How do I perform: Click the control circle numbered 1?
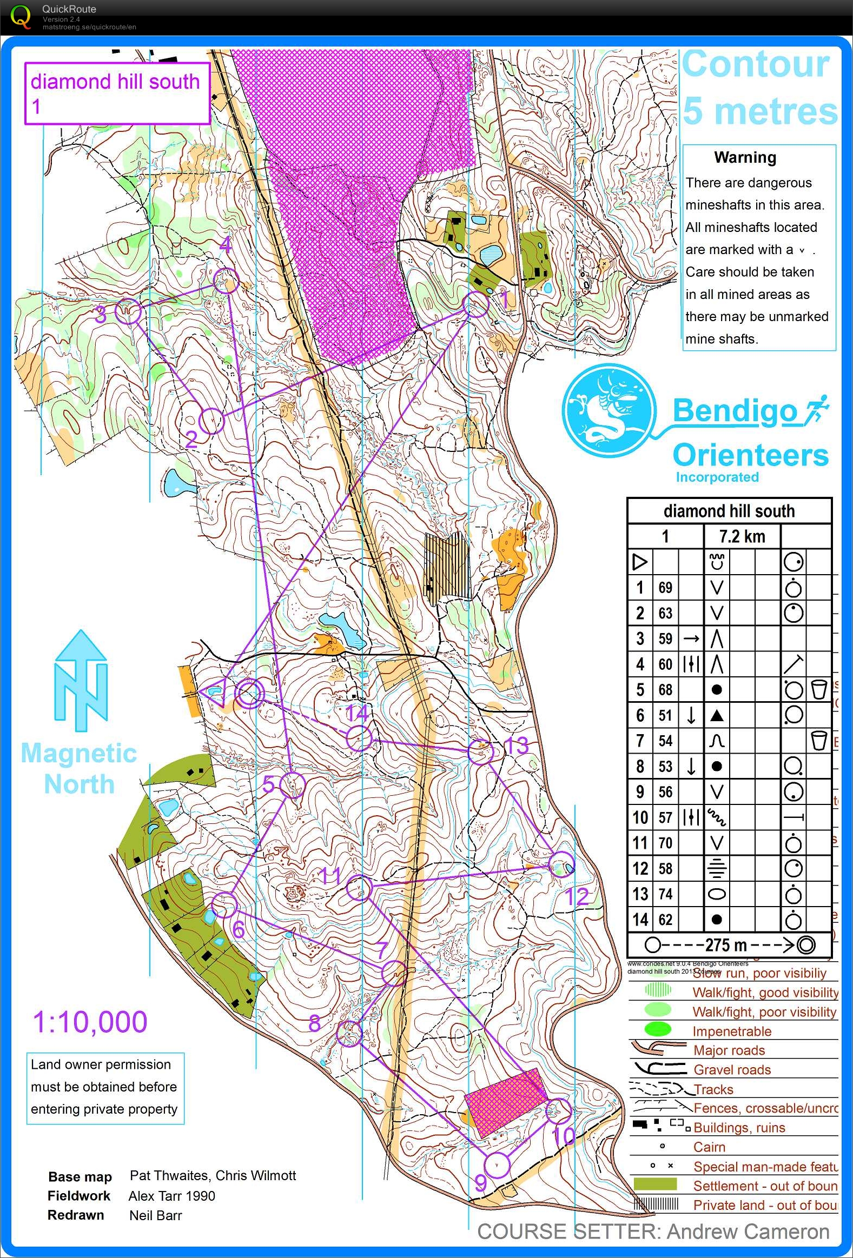[x=476, y=305]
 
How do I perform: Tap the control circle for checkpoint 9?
[x=497, y=1165]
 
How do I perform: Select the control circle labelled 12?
[x=561, y=864]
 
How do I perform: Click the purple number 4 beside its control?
[x=226, y=246]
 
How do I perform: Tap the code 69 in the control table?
[x=665, y=587]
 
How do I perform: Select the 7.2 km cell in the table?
[x=742, y=536]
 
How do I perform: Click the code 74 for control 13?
[x=665, y=894]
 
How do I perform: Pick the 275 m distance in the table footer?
[x=726, y=945]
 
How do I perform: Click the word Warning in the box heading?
[x=745, y=157]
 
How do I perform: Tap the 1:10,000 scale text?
[x=90, y=1022]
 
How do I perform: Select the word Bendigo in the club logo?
[x=735, y=411]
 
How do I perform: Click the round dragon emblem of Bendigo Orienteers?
[x=608, y=410]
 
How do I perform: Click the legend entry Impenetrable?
[x=731, y=1030]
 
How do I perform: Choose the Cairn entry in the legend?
[x=709, y=1147]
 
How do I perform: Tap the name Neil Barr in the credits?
[x=155, y=1215]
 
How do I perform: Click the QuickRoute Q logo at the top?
[x=21, y=17]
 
